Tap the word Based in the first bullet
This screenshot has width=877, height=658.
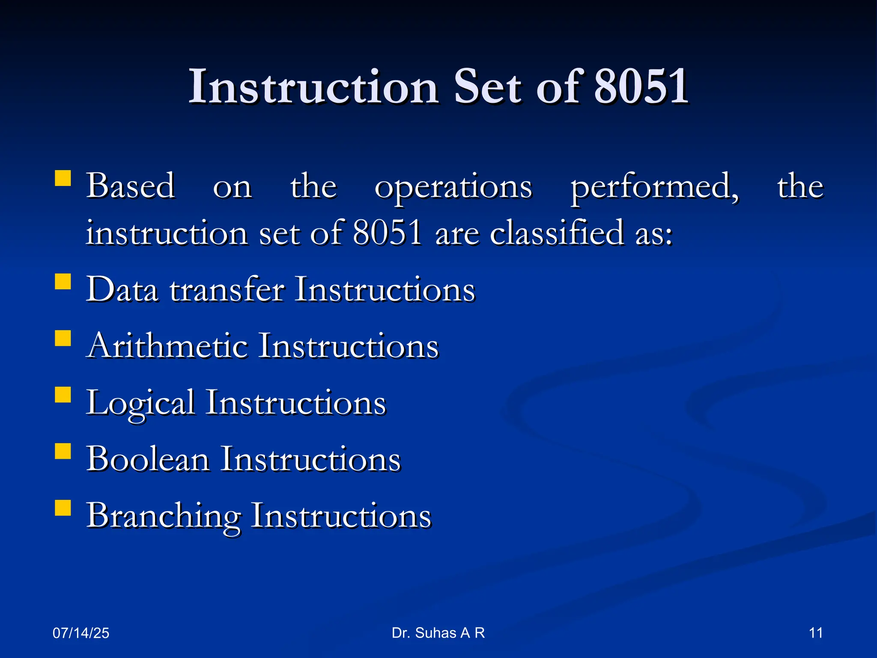[x=131, y=186]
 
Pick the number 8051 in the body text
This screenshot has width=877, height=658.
[x=388, y=233]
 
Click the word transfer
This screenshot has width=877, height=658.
[x=227, y=290]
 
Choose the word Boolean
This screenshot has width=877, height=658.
[x=148, y=459]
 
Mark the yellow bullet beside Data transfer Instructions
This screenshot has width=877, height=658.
[x=63, y=282]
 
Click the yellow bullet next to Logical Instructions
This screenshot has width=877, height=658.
[x=63, y=395]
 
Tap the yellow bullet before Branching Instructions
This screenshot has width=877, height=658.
[x=63, y=508]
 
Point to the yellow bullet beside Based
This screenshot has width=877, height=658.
[x=63, y=178]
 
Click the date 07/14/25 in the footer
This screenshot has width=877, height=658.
[x=81, y=633]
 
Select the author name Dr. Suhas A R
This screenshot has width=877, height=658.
[x=438, y=633]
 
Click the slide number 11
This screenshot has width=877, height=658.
[x=816, y=633]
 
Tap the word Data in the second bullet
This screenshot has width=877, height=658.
[x=122, y=290]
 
